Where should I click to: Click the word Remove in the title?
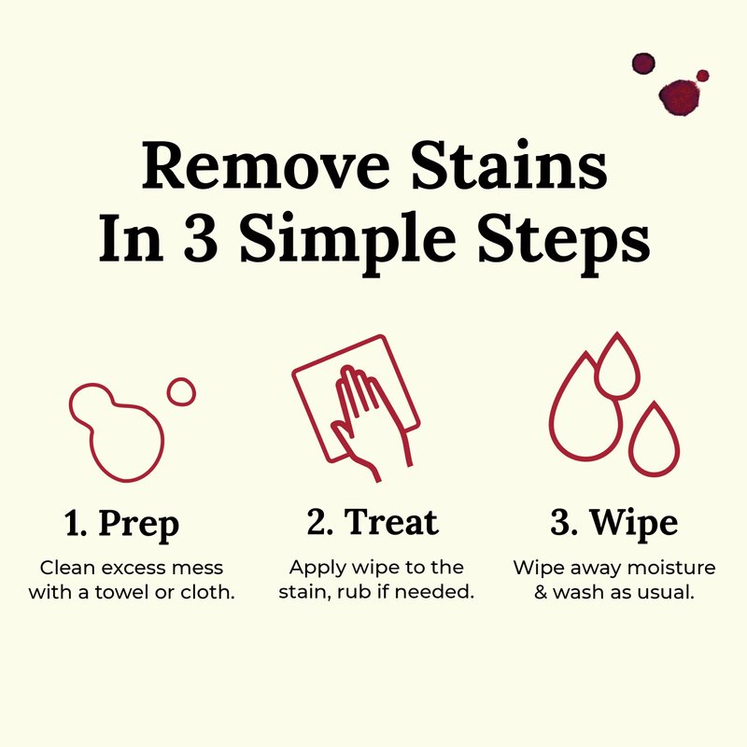tap(265, 165)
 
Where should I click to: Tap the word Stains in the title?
tap(509, 164)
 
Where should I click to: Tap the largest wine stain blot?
tap(681, 98)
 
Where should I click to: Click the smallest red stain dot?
tap(703, 76)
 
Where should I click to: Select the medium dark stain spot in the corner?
tap(643, 63)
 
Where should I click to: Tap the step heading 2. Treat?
tap(373, 522)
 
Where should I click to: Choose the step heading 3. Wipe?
tap(613, 524)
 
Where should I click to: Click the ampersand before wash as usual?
tap(541, 592)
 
